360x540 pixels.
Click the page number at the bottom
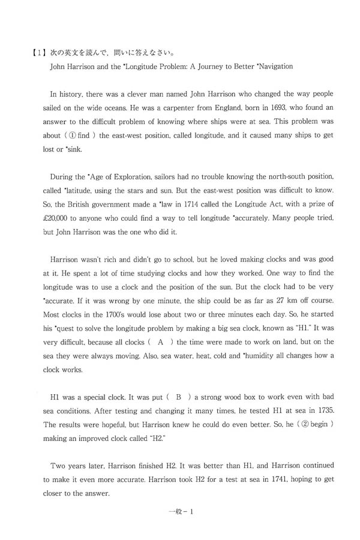179,511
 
